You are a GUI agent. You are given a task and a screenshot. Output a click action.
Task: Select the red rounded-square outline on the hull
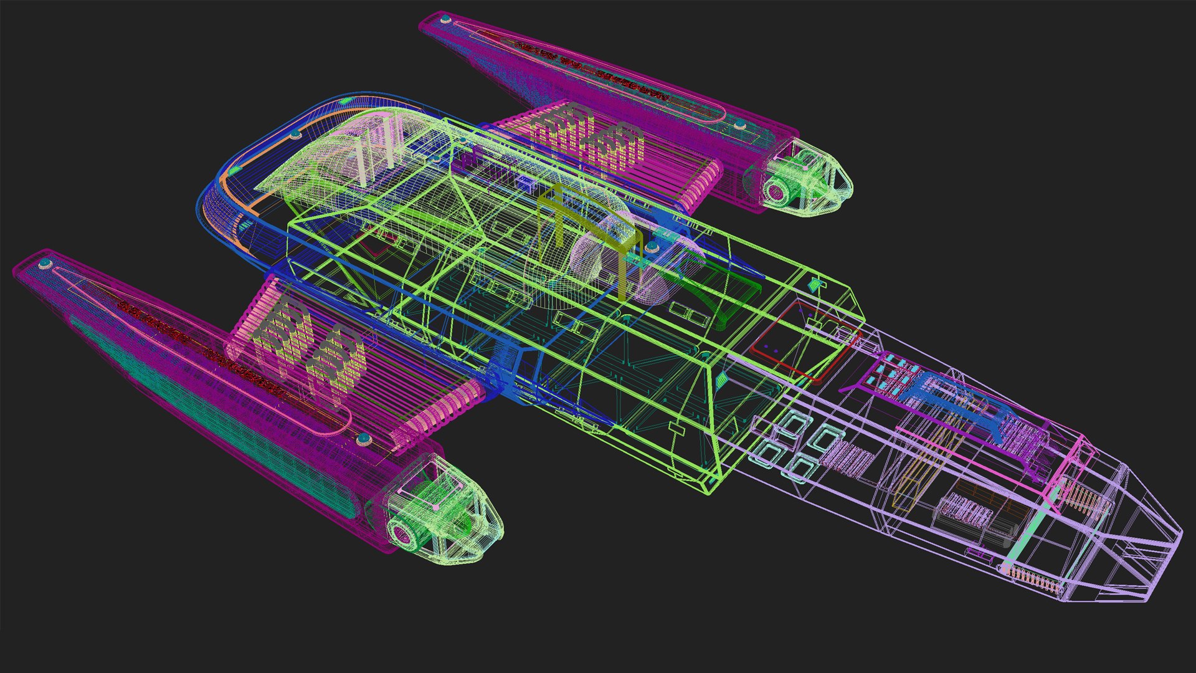[x=804, y=340]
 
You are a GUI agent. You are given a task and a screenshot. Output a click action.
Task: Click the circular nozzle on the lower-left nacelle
[x=403, y=533]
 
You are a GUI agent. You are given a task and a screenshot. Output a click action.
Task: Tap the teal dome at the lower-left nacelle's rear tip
[x=44, y=265]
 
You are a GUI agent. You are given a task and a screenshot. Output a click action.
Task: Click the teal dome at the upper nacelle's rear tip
[x=445, y=21]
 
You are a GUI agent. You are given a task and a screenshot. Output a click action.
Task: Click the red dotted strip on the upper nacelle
[x=592, y=72]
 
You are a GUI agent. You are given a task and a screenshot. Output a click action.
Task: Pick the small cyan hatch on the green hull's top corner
[x=814, y=285]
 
